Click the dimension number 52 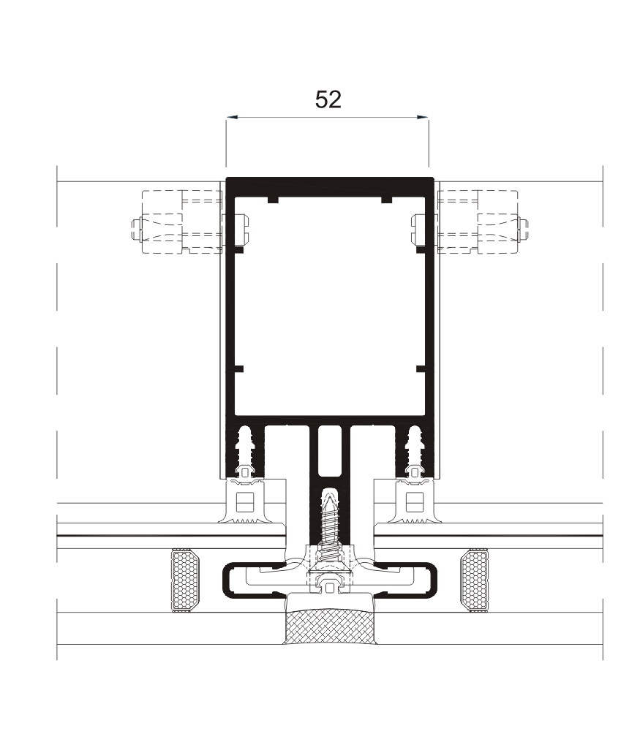tap(328, 99)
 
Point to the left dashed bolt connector tap(176, 221)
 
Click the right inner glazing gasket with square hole tap(413, 503)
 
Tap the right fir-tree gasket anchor tap(415, 450)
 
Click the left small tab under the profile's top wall tap(272, 200)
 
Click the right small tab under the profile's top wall tap(386, 200)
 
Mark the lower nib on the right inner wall tap(420, 368)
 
